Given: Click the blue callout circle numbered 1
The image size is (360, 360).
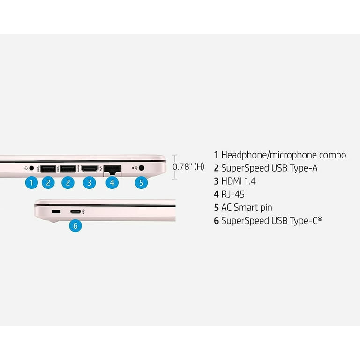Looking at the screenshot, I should pyautogui.click(x=31, y=182).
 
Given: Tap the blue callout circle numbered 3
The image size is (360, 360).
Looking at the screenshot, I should pyautogui.click(x=90, y=182).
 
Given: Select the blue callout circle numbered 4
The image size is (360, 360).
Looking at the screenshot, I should pyautogui.click(x=112, y=182).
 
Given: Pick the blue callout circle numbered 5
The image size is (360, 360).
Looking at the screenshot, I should pyautogui.click(x=142, y=182).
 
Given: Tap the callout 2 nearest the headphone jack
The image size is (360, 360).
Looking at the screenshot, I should pyautogui.click(x=48, y=182).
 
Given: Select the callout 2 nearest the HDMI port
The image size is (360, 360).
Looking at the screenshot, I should pyautogui.click(x=67, y=182).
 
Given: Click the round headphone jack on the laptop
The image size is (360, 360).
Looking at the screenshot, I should pyautogui.click(x=32, y=167).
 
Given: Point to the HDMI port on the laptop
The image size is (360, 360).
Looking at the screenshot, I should pyautogui.click(x=89, y=168).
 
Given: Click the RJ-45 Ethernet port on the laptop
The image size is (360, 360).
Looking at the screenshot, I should pyautogui.click(x=112, y=168).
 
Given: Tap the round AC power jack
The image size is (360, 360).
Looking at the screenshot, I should pyautogui.click(x=142, y=167).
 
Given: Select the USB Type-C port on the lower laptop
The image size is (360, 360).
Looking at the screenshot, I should pyautogui.click(x=75, y=212).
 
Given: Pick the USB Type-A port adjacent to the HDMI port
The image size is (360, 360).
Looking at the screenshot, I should pyautogui.click(x=67, y=168).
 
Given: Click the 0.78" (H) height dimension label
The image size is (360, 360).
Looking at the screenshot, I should pyautogui.click(x=188, y=166).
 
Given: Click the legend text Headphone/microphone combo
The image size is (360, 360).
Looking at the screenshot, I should pyautogui.click(x=283, y=155).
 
